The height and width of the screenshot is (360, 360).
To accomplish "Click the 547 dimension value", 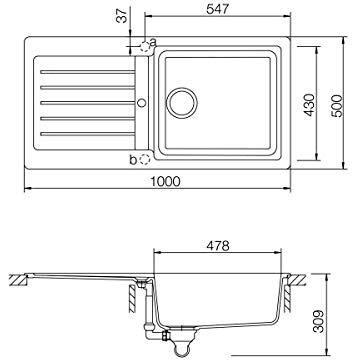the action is coord(218,9).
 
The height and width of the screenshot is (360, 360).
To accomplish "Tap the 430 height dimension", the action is coord(310,105).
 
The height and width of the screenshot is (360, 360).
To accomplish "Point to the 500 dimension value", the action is coord(337,105).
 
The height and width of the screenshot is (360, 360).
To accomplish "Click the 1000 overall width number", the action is coord(165,181).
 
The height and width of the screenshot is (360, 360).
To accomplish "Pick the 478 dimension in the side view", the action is coord(218,246).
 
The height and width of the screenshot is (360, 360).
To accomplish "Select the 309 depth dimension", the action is coord(319,321).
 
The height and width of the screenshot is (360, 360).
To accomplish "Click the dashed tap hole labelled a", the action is coord(145,46).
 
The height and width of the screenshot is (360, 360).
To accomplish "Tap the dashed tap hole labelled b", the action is coord(145,160).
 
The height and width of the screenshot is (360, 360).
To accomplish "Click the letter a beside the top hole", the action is coord(153,42).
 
